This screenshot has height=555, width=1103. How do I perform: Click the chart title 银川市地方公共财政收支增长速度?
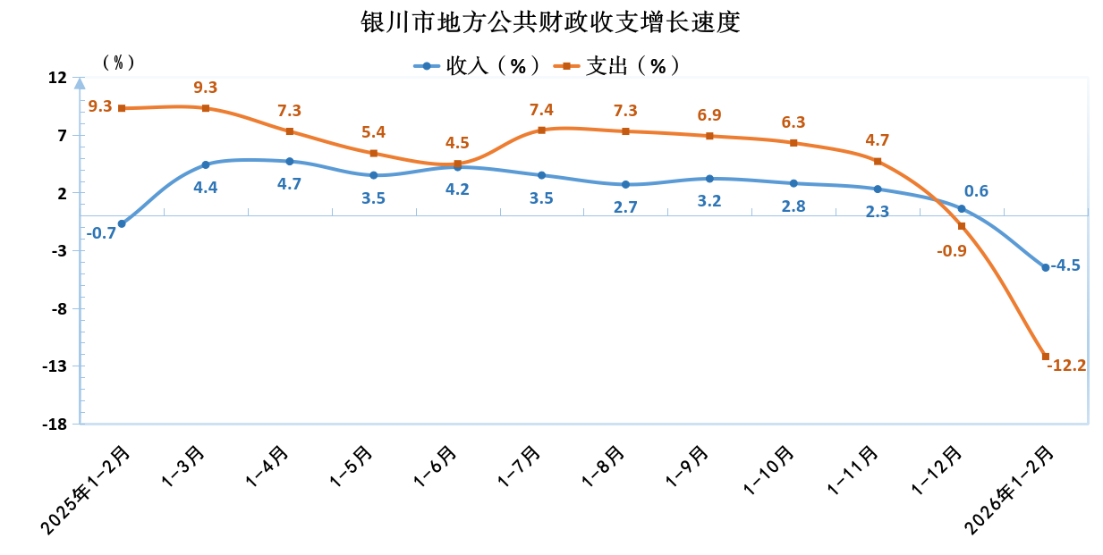[x=551, y=21]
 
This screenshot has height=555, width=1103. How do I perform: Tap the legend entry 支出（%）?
[x=618, y=65]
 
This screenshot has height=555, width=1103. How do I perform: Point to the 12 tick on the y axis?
[x=56, y=78]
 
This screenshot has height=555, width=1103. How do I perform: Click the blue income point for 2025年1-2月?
[x=122, y=223]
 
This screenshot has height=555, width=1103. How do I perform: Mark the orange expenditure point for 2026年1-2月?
[x=1046, y=357]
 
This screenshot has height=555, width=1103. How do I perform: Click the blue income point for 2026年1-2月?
[x=1046, y=267]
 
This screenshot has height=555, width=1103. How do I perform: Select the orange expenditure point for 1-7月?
[x=542, y=130]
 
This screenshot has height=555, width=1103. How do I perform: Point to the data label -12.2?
[x=1066, y=365]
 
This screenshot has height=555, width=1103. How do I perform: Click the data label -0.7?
[x=101, y=233]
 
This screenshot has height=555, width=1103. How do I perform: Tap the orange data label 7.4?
[x=541, y=110]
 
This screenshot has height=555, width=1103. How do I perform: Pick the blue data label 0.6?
[x=976, y=191]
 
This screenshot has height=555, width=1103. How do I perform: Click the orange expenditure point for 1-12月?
[x=962, y=226]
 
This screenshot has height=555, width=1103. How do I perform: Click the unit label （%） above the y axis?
[x=118, y=62]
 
